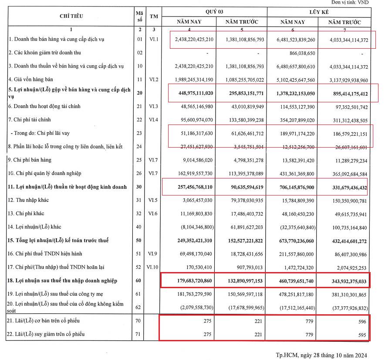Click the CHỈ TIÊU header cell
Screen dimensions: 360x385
(71, 17)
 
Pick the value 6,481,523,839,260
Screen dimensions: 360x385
(293, 40)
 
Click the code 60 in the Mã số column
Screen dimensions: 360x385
(140, 280)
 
